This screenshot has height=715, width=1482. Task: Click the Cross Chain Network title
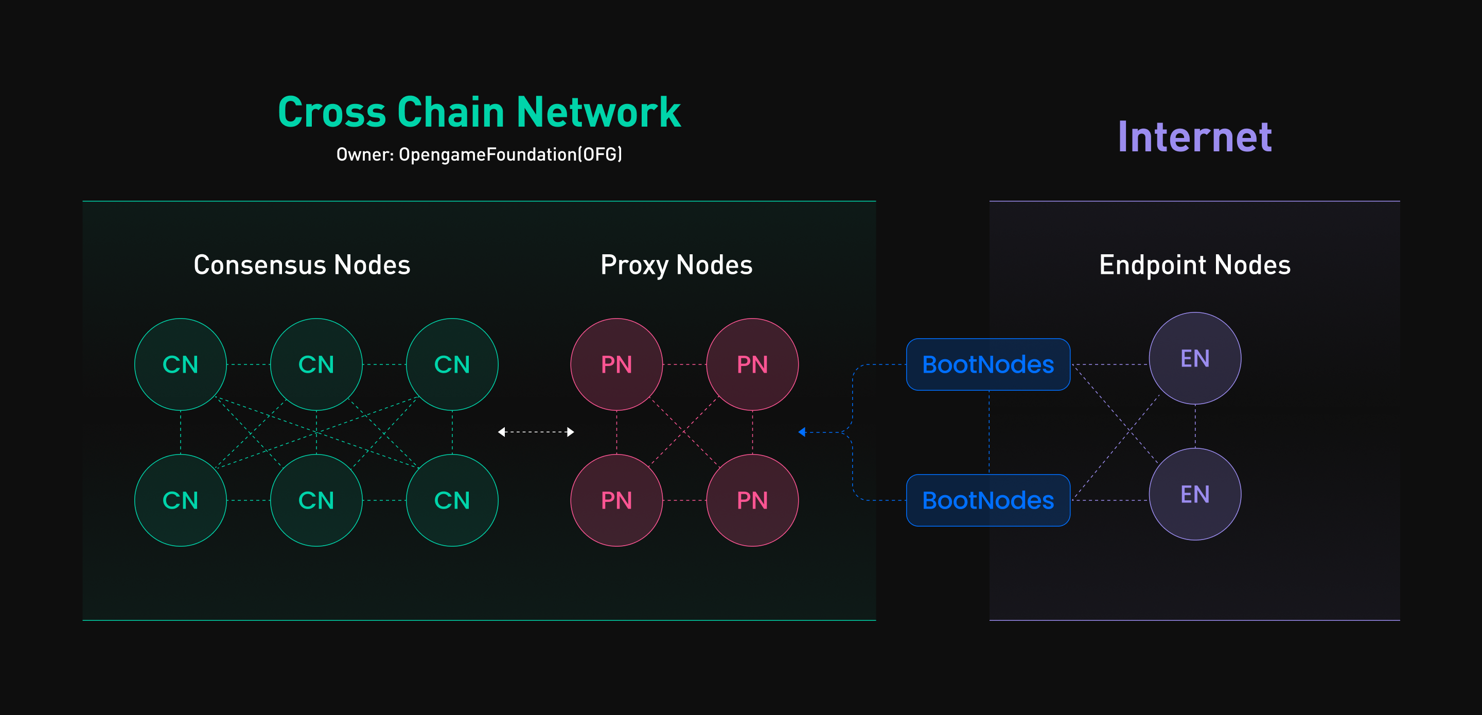point(479,112)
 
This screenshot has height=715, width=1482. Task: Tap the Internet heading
point(1194,137)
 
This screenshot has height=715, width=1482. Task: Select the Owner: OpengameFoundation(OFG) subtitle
point(479,154)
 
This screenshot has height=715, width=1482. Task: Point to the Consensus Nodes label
point(302,265)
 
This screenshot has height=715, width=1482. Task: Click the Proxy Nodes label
point(676,265)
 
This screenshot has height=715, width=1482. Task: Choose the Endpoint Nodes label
point(1194,265)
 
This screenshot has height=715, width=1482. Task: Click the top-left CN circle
point(181,364)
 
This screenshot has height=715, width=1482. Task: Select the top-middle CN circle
point(316,364)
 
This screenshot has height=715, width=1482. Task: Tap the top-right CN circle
point(452,364)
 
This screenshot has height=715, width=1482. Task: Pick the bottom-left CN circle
point(181,500)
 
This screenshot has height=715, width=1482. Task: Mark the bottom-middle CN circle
point(316,500)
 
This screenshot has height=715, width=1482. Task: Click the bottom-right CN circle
point(452,500)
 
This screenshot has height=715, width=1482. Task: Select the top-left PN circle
point(617,364)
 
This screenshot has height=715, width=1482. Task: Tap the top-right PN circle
point(752,364)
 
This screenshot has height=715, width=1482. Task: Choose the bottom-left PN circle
point(617,500)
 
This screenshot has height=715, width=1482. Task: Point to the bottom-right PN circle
point(752,500)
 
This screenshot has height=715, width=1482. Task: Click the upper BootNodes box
point(988,364)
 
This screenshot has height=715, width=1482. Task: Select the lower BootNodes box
point(988,500)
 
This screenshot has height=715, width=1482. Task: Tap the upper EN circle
point(1195,358)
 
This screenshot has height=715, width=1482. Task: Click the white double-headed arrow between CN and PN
point(536,432)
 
